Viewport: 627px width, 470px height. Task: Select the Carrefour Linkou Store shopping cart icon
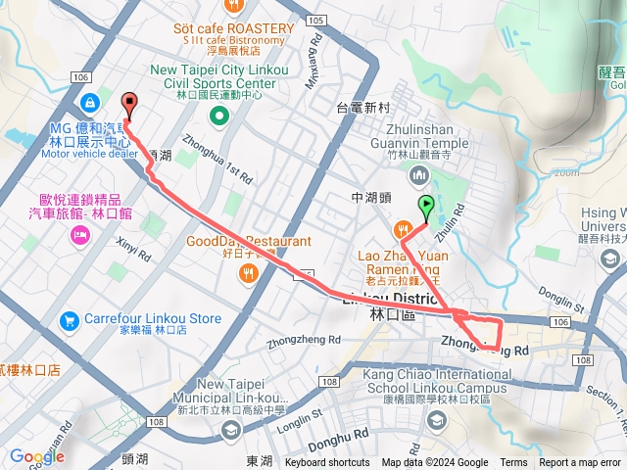pos(69,319)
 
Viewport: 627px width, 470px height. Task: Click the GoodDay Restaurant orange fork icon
pos(249,275)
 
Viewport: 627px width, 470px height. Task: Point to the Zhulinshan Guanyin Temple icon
pos(420,175)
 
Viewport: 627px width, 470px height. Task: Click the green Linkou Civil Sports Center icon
pos(218,117)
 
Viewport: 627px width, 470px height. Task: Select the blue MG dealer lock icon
pos(89,102)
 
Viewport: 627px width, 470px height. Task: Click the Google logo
pos(36,456)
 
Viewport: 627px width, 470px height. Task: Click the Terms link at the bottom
pos(513,463)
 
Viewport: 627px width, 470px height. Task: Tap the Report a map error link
pos(580,463)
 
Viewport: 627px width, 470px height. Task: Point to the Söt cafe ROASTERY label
pos(233,29)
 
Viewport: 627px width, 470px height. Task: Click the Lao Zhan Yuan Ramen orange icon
pos(403,230)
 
